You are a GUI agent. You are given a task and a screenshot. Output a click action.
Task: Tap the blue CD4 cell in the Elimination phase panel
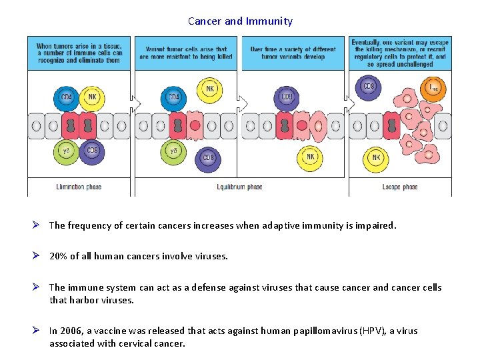pos(67,98)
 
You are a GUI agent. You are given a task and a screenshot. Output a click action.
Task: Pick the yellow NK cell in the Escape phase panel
pos(376,158)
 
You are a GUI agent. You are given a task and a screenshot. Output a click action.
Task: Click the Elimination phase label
pos(79,187)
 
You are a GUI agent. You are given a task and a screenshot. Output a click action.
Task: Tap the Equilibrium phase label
pos(239,187)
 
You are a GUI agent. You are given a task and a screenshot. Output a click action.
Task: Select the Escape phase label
pos(399,187)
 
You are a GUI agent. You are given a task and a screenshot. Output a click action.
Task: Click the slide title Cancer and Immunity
pos(240,21)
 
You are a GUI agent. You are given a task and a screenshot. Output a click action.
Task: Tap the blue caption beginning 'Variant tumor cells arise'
pos(186,53)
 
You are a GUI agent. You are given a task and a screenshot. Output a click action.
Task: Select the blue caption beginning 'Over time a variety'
pos(293,53)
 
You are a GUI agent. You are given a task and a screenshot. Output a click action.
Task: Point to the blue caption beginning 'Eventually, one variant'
pos(400,53)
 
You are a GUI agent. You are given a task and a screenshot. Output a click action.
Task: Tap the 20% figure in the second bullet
pos(58,256)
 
